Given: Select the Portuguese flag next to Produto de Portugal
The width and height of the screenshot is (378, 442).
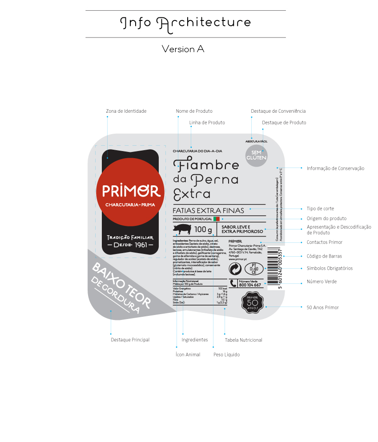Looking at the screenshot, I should (217, 219).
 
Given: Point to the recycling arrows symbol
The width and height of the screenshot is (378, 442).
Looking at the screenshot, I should (235, 269).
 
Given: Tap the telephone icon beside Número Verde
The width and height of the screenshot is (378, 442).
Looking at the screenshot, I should (233, 283).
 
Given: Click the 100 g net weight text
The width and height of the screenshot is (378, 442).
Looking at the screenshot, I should (203, 229).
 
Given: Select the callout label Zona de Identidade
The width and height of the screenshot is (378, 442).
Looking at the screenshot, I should (126, 111).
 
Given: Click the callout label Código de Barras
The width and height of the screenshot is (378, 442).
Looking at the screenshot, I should (324, 256).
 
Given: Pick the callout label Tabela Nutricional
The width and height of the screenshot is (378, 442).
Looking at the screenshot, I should (243, 340).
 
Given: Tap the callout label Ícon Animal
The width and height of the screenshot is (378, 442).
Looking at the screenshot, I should (188, 355).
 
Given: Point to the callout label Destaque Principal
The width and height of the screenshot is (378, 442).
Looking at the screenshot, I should (130, 340).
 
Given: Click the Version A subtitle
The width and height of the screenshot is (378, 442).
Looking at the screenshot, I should (183, 49).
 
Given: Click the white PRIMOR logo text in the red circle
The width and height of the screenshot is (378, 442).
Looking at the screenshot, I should (131, 191).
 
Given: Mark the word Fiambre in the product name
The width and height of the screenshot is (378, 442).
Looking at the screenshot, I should (206, 164).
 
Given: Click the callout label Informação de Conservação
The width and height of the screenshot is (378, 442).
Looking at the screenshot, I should (335, 168).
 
